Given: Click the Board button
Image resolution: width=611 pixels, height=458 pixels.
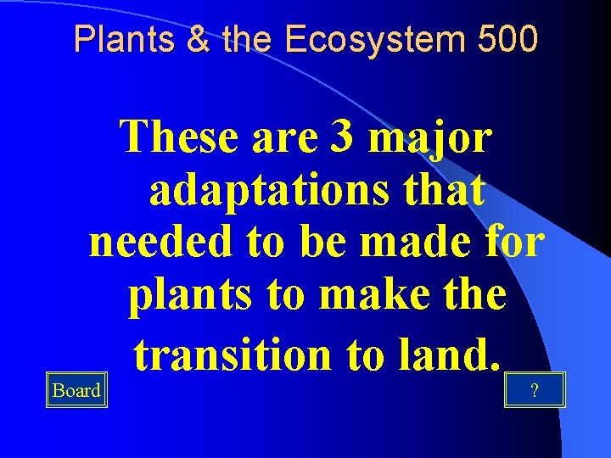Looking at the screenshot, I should (x=76, y=391).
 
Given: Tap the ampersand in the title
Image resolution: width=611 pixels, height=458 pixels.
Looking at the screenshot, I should (x=199, y=40).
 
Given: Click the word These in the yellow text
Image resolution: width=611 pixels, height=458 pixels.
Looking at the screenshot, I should (x=179, y=137).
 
